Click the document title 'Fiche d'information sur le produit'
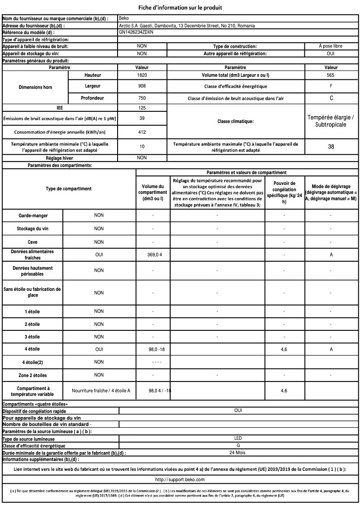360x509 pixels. click(x=180, y=7)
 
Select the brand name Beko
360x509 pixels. click(x=124, y=18)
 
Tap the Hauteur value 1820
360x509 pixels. click(x=141, y=75)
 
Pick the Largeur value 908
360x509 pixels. click(x=141, y=86)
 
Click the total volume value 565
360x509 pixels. click(x=331, y=75)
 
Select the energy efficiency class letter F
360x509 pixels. click(x=331, y=86)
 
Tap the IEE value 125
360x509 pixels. click(x=141, y=108)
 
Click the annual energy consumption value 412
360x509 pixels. click(x=141, y=132)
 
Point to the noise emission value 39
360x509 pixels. click(x=141, y=118)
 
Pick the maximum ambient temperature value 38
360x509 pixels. click(x=331, y=147)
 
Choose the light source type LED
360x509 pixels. click(x=238, y=439)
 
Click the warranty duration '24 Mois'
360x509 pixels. click(x=238, y=452)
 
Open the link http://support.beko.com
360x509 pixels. click(x=180, y=480)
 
